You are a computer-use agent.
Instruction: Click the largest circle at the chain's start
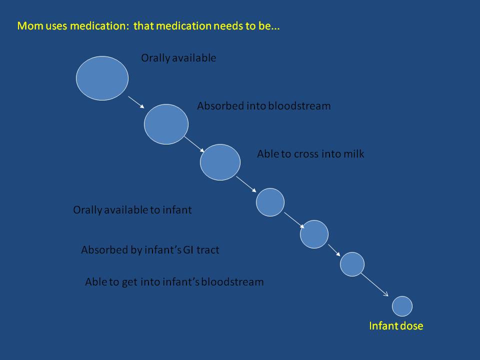click(102, 78)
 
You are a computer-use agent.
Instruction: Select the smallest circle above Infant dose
click(402, 306)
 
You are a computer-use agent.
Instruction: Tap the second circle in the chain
click(166, 124)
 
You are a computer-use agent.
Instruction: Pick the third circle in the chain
click(220, 162)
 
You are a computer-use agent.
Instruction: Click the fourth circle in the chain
click(270, 202)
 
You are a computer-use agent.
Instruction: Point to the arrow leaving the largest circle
click(136, 102)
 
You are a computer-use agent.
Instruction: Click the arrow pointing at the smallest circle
click(374, 285)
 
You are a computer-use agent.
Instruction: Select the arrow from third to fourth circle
click(246, 184)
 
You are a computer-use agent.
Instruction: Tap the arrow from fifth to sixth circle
click(334, 250)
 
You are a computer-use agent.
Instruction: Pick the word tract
click(208, 250)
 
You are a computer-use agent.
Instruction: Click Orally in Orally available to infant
click(87, 210)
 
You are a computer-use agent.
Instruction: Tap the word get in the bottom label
click(130, 282)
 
